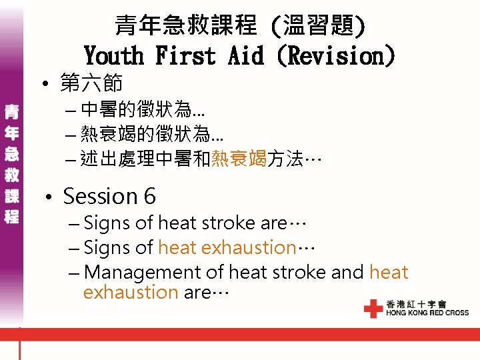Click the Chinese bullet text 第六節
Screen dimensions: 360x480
click(91, 84)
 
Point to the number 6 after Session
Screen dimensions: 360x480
click(149, 196)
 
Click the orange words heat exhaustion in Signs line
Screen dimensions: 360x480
click(227, 247)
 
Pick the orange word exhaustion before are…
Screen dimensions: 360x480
click(131, 292)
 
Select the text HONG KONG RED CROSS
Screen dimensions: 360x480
click(427, 313)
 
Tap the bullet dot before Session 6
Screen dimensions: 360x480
click(48, 197)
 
